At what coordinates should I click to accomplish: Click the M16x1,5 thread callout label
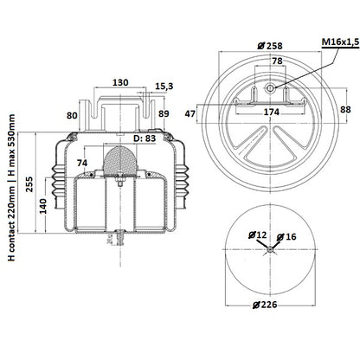point(340,42)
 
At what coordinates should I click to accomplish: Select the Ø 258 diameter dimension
point(270,46)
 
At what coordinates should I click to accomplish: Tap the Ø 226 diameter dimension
point(265,305)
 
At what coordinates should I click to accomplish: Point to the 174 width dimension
point(271,112)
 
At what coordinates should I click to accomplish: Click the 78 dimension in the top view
point(277,61)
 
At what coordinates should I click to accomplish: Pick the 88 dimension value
point(345,110)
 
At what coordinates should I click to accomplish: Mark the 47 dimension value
point(190,114)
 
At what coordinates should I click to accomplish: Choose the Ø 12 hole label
point(258,235)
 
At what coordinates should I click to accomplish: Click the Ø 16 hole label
point(286,237)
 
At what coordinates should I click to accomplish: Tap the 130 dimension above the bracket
point(120,82)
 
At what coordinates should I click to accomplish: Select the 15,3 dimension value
point(164,87)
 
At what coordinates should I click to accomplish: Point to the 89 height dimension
point(164,113)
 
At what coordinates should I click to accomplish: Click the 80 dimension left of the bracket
point(72,115)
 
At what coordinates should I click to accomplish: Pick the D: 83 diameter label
point(145,138)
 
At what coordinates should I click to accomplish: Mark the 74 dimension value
point(82,163)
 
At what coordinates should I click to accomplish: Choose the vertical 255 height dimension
point(29,184)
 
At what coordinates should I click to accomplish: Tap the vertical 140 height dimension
point(43,206)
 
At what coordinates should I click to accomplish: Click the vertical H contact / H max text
point(11,188)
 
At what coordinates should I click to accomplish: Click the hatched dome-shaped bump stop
point(120,160)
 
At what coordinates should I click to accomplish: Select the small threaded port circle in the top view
point(270,88)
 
